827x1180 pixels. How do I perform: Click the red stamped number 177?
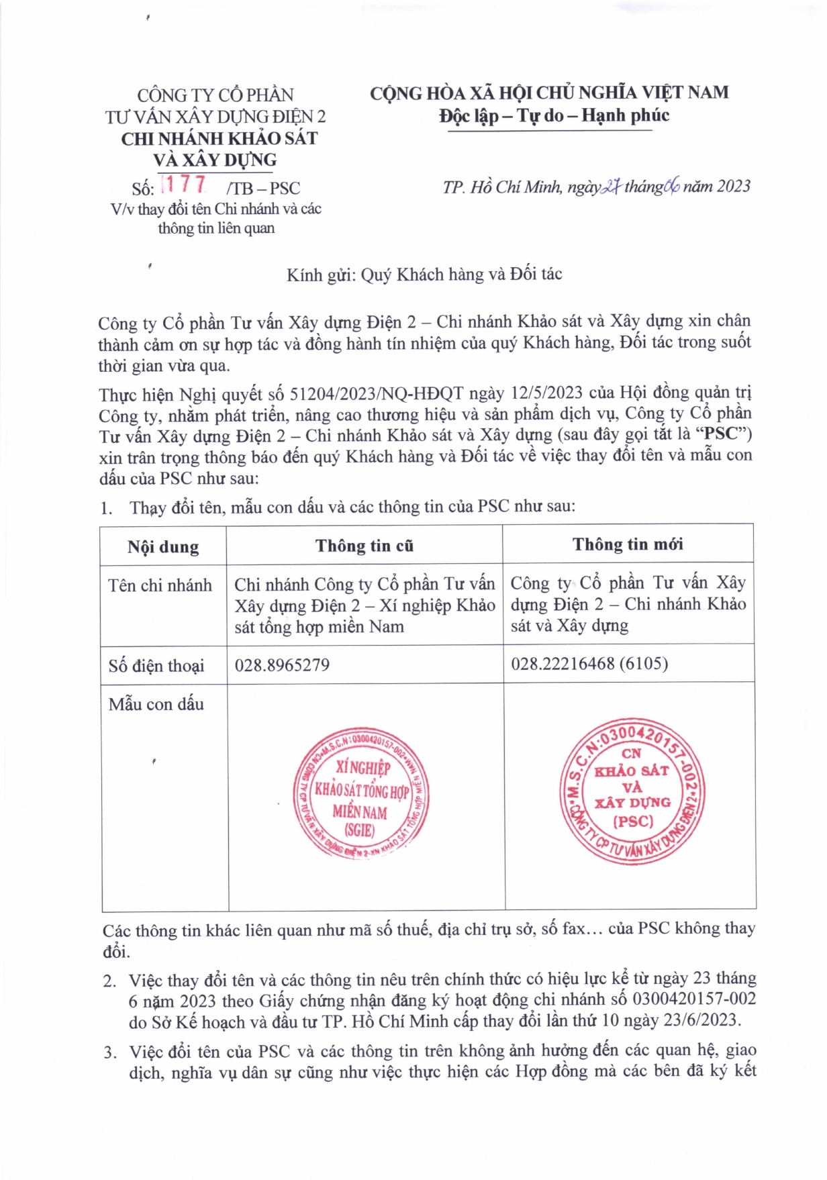pos(185,184)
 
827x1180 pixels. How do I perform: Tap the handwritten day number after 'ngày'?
pos(611,187)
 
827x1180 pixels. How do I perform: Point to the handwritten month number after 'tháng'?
pos(672,187)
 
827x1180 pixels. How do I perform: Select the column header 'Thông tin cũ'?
pos(364,546)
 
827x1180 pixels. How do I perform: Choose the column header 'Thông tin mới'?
pos(628,544)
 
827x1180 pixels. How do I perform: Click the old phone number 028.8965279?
pos(282,665)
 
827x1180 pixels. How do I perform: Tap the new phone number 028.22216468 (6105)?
pos(589,664)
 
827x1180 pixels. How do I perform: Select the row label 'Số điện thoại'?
pos(156,666)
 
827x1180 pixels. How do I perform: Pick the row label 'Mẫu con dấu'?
pos(156,704)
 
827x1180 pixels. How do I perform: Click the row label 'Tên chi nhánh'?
pos(160,585)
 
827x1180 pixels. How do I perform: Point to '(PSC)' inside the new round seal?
pos(632,821)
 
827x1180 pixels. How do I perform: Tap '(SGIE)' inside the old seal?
pos(360,830)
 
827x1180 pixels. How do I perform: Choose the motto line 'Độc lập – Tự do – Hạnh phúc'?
pos(554,116)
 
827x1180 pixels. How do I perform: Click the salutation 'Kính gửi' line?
pos(424,275)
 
